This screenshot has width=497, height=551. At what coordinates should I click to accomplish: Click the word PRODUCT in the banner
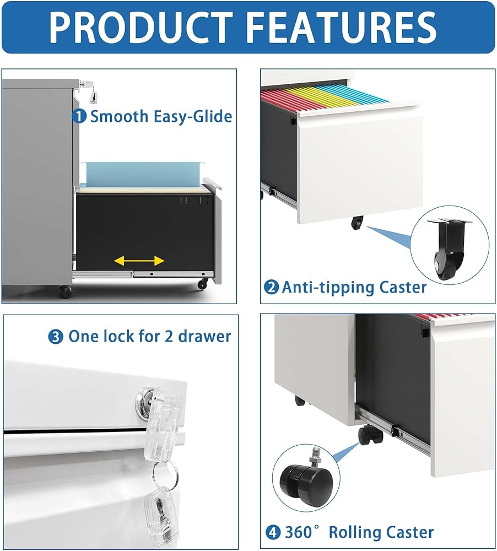click(141, 27)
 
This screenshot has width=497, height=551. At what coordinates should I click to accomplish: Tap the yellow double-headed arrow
click(139, 261)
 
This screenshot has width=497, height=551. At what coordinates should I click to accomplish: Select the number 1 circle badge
click(79, 116)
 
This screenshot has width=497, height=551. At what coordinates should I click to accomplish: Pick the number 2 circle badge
click(271, 288)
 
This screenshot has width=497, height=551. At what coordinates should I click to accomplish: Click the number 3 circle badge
click(56, 337)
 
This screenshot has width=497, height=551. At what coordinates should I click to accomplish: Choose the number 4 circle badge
click(273, 532)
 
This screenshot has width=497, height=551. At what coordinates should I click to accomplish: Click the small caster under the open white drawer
click(357, 222)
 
